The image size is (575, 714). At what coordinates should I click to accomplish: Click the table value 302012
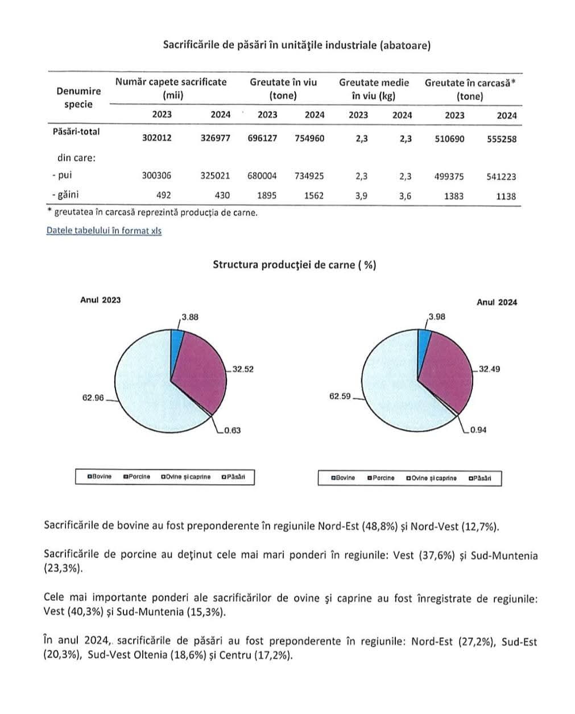(156, 138)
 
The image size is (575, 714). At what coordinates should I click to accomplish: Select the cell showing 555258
(502, 138)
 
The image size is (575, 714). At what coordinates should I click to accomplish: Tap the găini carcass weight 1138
(505, 196)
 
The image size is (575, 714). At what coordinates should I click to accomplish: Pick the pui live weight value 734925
(309, 176)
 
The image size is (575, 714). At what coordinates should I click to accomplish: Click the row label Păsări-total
(76, 131)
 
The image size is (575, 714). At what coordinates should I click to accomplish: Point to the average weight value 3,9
(361, 196)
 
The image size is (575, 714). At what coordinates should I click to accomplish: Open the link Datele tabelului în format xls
(104, 231)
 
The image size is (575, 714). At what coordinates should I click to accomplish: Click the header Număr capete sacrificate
(171, 82)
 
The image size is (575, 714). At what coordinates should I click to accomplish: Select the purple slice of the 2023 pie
(196, 370)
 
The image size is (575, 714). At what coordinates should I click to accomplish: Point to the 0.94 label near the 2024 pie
(478, 430)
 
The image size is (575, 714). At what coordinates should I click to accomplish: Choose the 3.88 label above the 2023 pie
(190, 317)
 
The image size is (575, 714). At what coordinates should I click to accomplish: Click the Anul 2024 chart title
(497, 303)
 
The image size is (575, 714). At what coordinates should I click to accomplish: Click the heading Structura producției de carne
(294, 265)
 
